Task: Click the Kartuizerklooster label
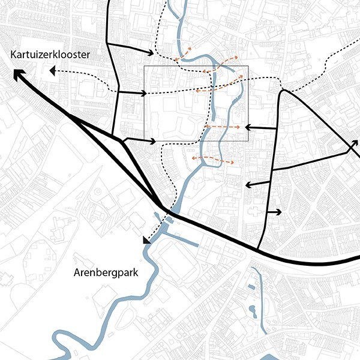coord(50,55)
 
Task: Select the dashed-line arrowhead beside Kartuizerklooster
coord(53,71)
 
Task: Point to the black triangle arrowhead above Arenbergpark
coord(146,240)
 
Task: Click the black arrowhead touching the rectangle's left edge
coord(143,94)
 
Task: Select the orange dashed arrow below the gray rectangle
coord(213,160)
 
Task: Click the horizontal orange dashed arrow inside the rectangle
coord(223,127)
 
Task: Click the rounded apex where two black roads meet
coord(283,91)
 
